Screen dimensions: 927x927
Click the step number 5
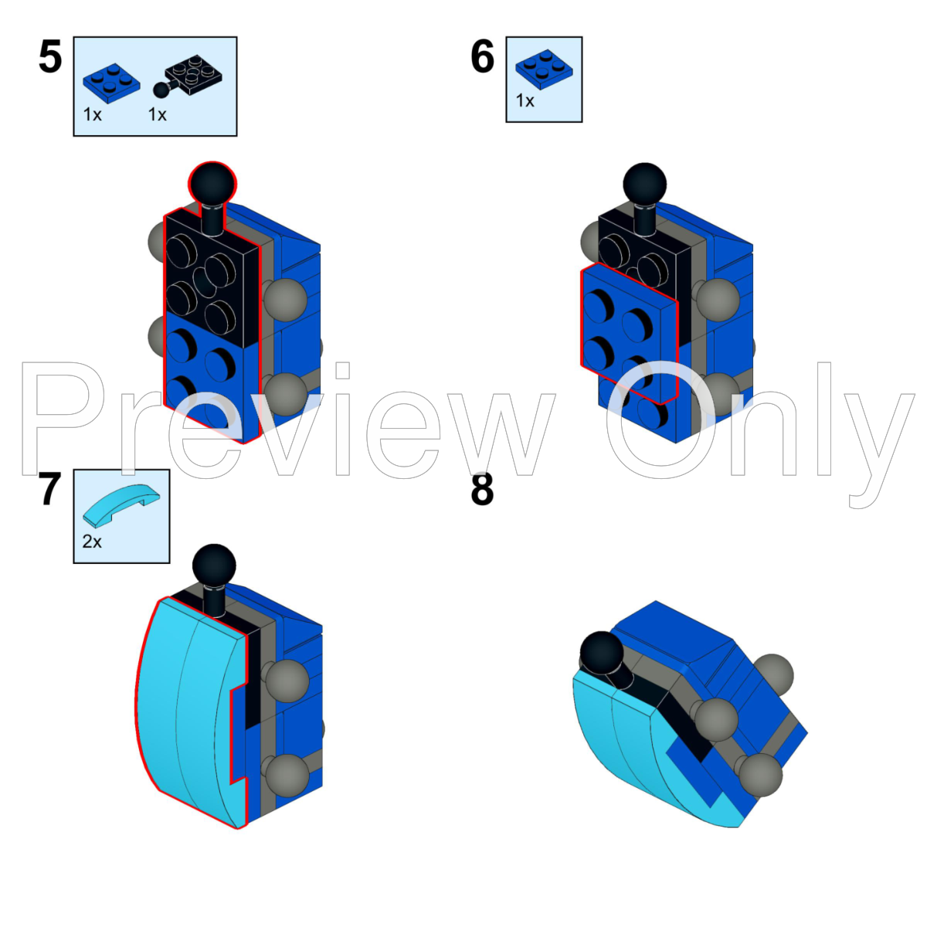tap(50, 57)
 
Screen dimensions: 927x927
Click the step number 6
tap(482, 57)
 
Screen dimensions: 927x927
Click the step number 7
tap(49, 490)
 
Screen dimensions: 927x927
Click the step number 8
tap(482, 490)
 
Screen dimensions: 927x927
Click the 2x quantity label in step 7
tap(92, 542)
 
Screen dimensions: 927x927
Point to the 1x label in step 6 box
tap(525, 101)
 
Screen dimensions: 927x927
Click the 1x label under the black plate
tap(158, 115)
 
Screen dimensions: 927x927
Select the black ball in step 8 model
tap(602, 654)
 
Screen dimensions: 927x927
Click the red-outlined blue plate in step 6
tap(627, 332)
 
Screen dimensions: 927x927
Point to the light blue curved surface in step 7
tap(185, 711)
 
